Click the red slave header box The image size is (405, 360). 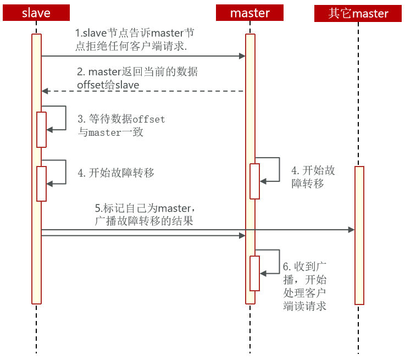tap(36, 13)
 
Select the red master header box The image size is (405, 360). tap(249, 13)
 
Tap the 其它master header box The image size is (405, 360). tap(358, 13)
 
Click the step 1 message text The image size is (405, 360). tap(134, 40)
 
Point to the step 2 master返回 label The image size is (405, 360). tap(137, 78)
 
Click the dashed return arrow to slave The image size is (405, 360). tap(143, 91)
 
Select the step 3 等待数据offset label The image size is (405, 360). tap(121, 126)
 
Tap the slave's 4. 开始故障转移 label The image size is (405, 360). tap(116, 173)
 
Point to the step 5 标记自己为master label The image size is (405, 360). tap(145, 214)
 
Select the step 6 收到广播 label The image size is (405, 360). tap(305, 286)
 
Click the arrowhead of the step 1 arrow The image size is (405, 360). tap(242, 56)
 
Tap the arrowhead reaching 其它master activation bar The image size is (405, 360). tap(351, 230)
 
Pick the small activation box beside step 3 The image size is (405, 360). tap(41, 130)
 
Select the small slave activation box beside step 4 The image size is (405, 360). tap(41, 184)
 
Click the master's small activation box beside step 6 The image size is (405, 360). tap(254, 273)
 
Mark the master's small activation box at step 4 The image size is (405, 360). tap(254, 181)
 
